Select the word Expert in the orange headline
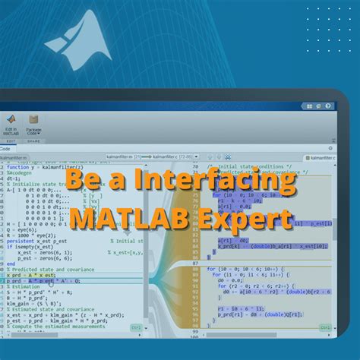pyautogui.click(x=251, y=219)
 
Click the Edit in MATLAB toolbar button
pyautogui.click(x=11, y=126)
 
